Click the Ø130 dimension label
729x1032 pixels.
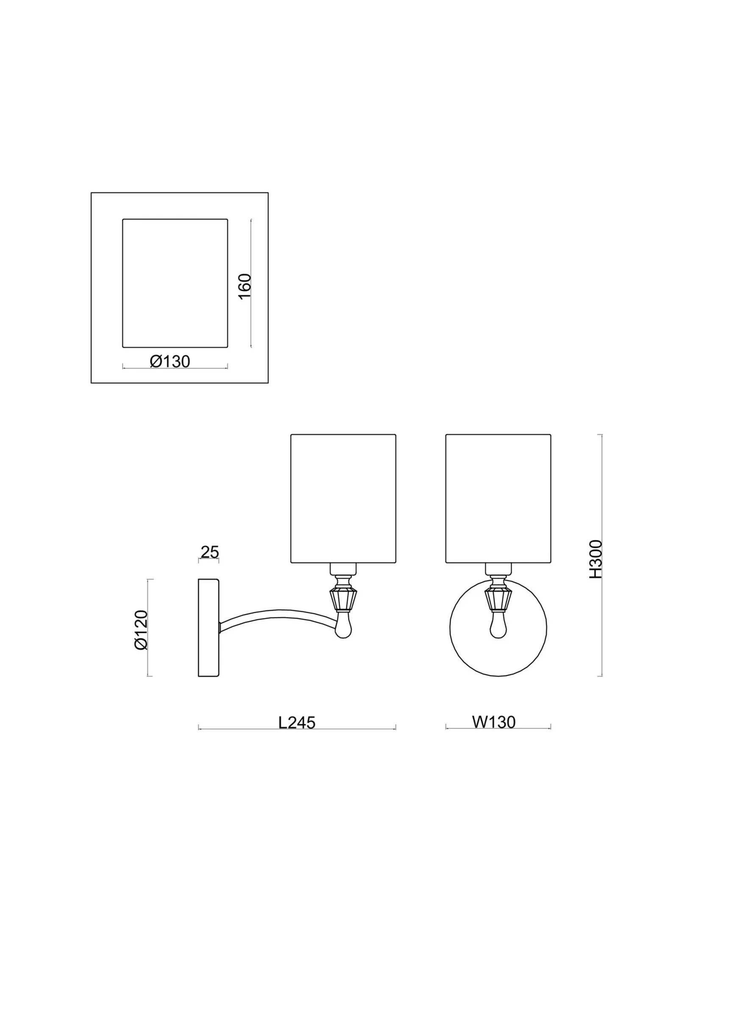(170, 362)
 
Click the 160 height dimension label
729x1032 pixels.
(245, 287)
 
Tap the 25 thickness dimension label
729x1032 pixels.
(209, 552)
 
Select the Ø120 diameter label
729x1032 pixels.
(141, 630)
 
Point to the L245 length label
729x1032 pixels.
(297, 723)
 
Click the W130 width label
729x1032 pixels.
(493, 722)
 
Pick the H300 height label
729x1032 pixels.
(595, 559)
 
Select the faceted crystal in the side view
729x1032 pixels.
(343, 600)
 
